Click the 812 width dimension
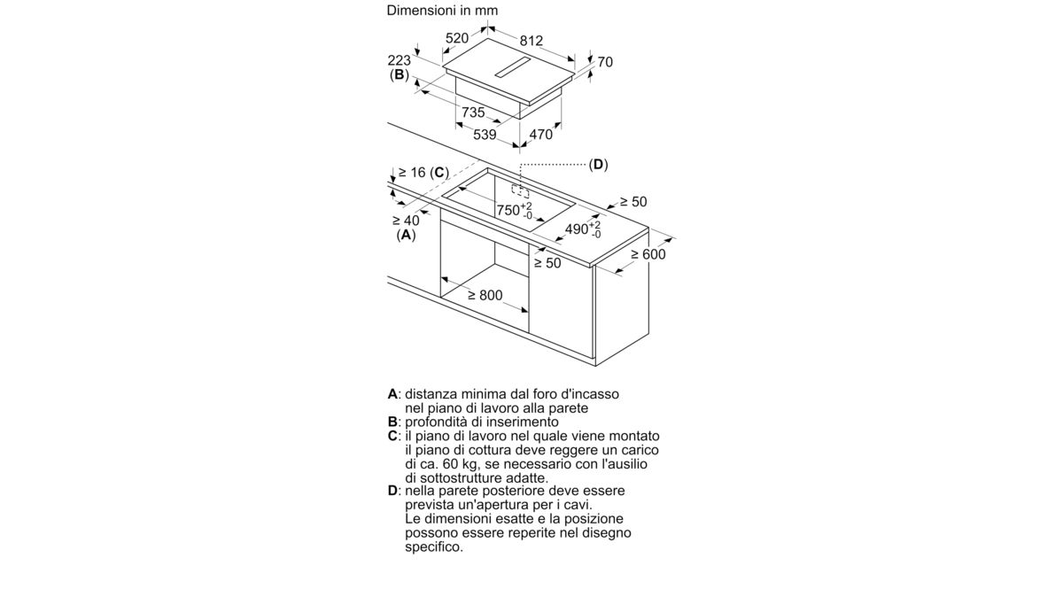[x=531, y=41]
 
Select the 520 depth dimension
[x=457, y=38]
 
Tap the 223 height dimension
[x=400, y=60]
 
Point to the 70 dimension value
[x=605, y=62]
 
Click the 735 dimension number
[x=473, y=112]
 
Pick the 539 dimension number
[x=485, y=135]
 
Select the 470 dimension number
[x=541, y=135]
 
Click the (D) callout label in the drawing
[x=598, y=165]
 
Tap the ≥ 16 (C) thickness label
[x=423, y=172]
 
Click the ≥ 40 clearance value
[x=407, y=221]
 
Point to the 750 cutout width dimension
[x=515, y=210]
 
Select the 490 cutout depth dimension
[x=583, y=229]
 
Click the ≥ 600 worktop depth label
[x=648, y=254]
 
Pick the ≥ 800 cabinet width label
[x=485, y=295]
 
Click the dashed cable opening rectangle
[x=520, y=190]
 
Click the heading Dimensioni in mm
[x=442, y=11]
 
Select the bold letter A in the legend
[x=392, y=394]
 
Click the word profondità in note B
[x=435, y=422]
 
